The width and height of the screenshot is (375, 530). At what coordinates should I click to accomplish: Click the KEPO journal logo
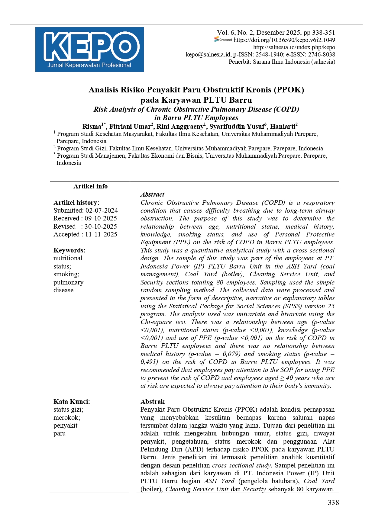click(89, 50)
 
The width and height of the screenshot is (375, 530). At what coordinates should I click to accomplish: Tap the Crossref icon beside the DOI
click(223, 40)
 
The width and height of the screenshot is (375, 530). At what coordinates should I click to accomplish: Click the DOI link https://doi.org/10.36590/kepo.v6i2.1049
click(284, 40)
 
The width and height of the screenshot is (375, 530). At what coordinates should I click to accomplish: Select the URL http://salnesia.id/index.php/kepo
click(294, 47)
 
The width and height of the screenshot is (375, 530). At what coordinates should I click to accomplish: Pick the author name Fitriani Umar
click(130, 126)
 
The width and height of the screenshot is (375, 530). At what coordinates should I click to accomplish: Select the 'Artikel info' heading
click(90, 186)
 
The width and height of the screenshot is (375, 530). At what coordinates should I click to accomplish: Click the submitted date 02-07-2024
click(102, 210)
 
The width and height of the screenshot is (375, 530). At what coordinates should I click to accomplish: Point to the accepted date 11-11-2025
click(101, 234)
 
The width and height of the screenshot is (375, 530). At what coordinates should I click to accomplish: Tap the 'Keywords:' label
click(70, 250)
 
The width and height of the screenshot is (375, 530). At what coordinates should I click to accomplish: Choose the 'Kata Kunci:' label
click(72, 402)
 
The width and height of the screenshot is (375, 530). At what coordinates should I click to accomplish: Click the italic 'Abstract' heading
click(152, 194)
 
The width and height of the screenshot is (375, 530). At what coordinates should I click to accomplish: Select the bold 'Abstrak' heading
click(152, 402)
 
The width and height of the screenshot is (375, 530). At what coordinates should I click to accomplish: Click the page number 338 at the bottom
click(333, 503)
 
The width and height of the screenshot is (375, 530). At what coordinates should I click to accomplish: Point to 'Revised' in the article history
click(64, 226)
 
